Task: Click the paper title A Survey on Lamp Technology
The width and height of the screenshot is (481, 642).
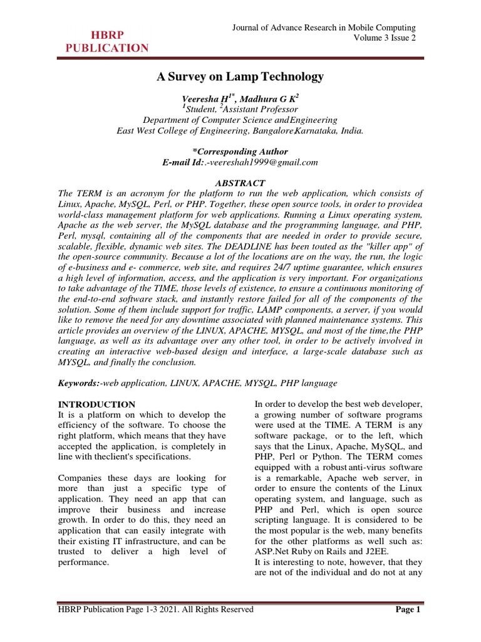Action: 240,76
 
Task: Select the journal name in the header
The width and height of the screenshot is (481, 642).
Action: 324,28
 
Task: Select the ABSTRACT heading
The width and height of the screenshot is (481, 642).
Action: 240,182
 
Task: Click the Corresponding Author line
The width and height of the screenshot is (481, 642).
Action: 240,151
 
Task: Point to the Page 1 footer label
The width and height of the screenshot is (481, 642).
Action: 410,609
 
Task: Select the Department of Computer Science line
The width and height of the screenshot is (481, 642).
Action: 240,120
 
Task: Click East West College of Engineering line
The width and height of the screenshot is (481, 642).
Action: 240,130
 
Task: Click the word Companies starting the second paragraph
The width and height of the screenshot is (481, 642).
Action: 82,480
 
